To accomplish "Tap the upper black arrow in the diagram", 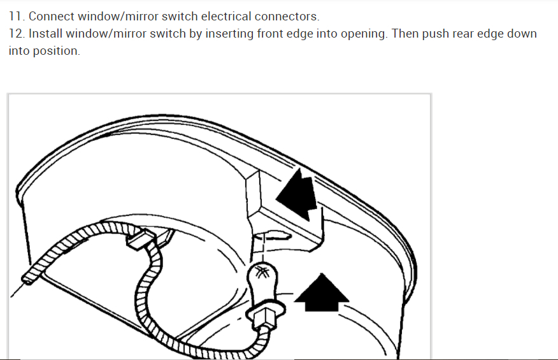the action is click(299, 191).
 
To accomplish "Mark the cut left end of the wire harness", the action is click(29, 278).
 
